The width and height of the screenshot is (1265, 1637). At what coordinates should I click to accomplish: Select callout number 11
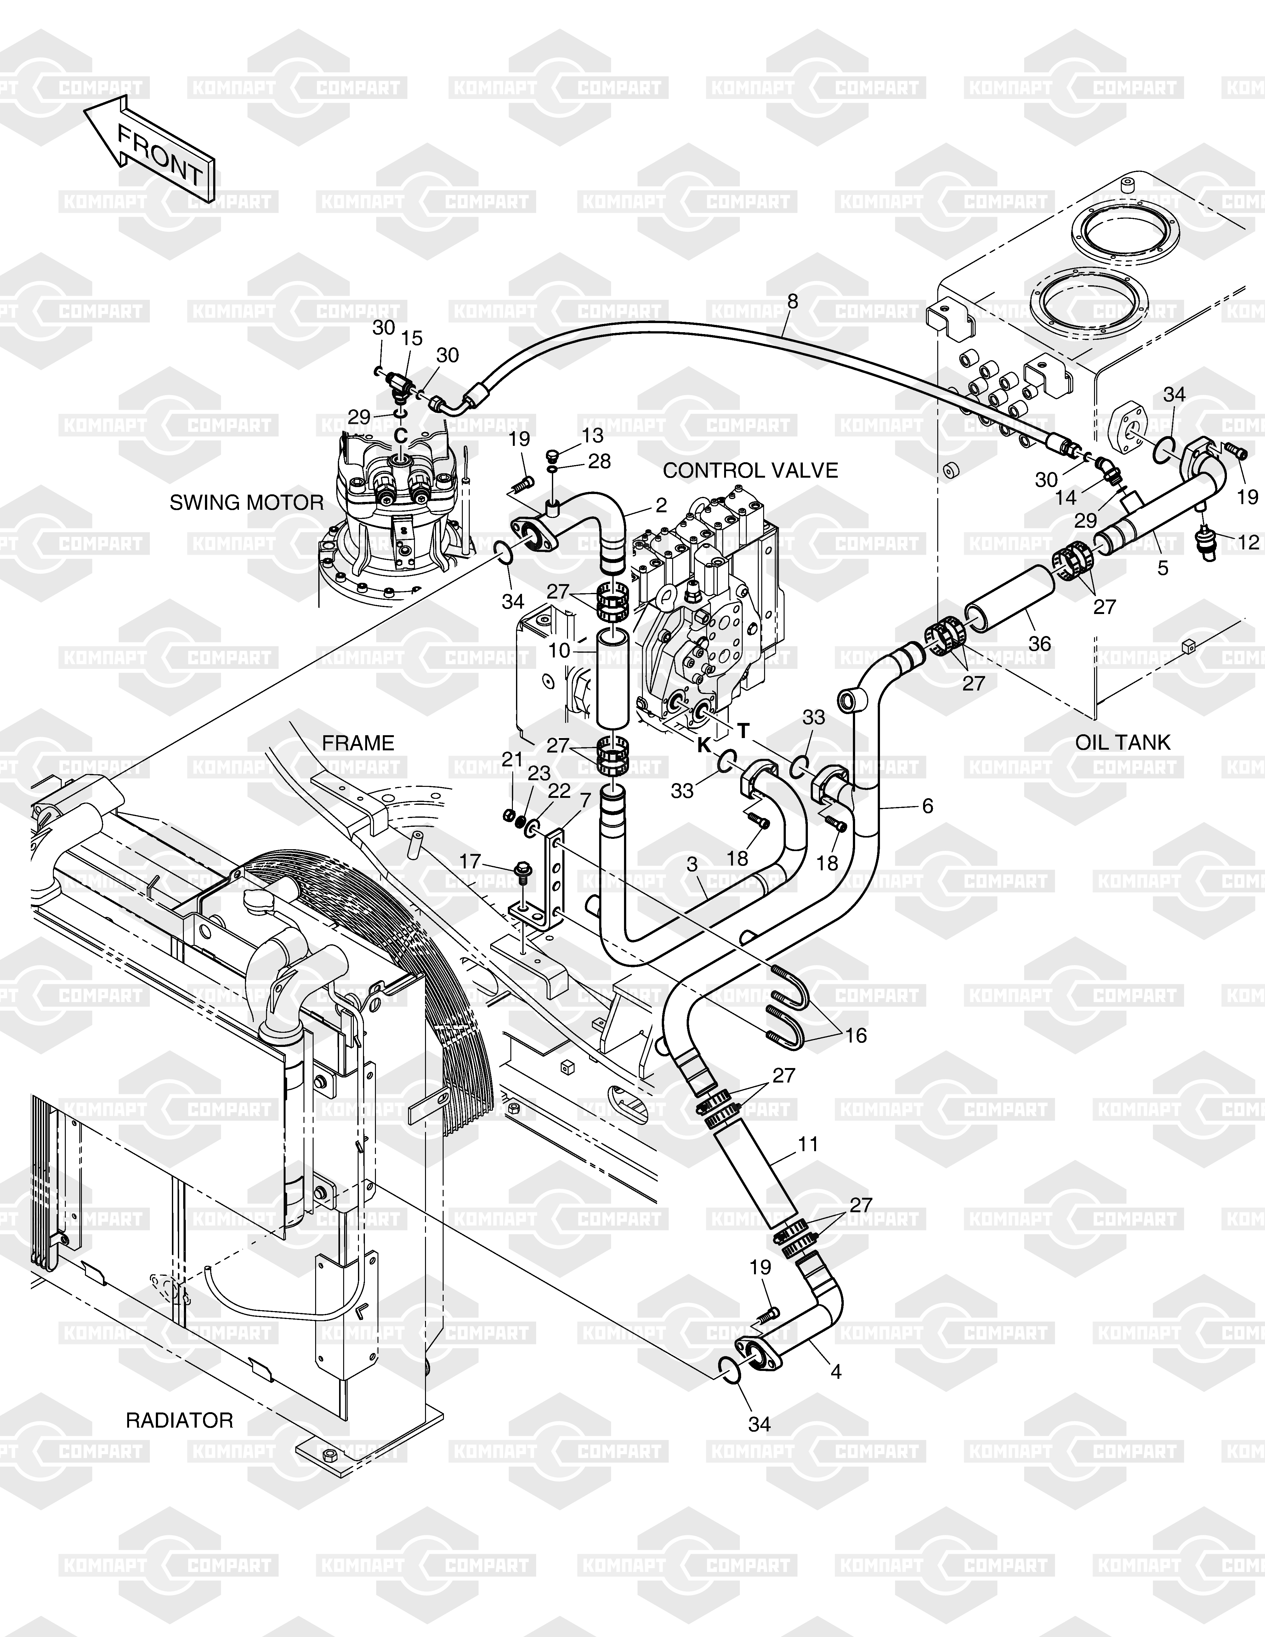[808, 1145]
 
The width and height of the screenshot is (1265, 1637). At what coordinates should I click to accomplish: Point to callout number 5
[1162, 568]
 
